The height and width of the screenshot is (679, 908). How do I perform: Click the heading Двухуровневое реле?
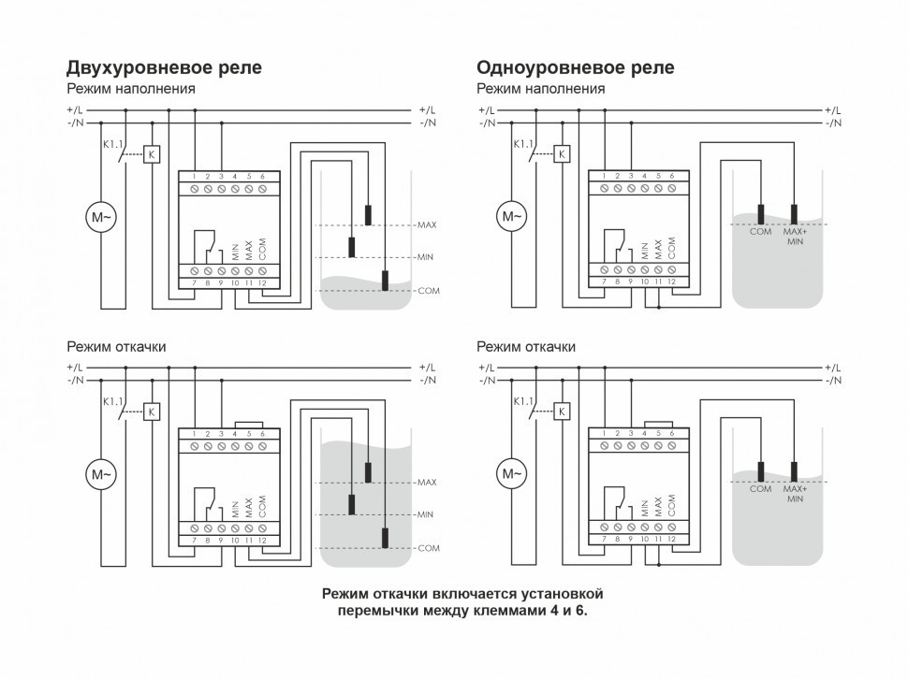(x=164, y=67)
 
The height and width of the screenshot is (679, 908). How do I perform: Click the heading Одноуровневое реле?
(x=575, y=67)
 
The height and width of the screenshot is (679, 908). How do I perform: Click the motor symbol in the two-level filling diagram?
(x=101, y=217)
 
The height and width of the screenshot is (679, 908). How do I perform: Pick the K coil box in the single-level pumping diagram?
(x=563, y=411)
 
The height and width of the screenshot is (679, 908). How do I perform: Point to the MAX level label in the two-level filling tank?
(x=427, y=225)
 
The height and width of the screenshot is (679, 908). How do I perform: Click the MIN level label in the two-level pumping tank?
(x=425, y=514)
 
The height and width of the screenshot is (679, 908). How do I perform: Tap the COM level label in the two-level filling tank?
(x=428, y=291)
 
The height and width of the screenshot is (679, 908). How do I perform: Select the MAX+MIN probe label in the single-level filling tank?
(x=795, y=237)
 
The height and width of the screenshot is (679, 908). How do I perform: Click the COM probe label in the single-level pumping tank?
(x=761, y=489)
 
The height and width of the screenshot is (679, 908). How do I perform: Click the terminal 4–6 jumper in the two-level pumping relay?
(x=248, y=423)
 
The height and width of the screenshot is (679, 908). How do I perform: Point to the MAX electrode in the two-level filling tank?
(x=368, y=214)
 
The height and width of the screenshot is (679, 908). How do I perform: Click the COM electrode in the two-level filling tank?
(x=385, y=280)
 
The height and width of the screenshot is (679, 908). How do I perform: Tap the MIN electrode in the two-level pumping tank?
(x=351, y=504)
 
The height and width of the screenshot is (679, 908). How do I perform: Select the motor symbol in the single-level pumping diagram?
(x=512, y=474)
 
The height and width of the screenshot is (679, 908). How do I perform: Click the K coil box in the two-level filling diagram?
(x=154, y=153)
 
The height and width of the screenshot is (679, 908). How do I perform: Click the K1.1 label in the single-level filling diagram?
(x=521, y=143)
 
